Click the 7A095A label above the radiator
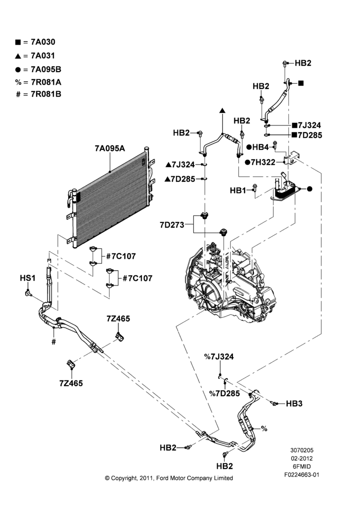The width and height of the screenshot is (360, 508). coord(110,148)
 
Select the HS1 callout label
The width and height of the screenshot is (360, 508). coord(27,278)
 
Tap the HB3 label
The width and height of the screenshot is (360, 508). coord(294,403)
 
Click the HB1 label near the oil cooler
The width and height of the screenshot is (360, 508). coord(238,190)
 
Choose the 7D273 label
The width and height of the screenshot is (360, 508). coord(172,225)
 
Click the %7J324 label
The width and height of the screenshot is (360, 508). coord(219,357)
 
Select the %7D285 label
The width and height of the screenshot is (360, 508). coord(224,393)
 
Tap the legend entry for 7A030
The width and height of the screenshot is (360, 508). coord(35,42)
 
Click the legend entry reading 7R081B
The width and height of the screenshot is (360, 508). coord(39,94)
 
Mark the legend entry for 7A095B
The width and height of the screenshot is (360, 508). coord(38,69)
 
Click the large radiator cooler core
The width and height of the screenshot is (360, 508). coord(110,197)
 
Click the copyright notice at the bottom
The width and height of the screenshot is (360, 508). coord(169,478)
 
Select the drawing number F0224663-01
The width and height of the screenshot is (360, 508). coord(302,474)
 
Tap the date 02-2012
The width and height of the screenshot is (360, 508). coord(302,458)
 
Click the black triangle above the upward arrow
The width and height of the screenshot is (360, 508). coord(223,110)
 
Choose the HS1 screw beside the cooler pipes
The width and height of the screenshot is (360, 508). coord(28,293)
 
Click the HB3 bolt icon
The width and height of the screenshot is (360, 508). coord(275,403)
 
